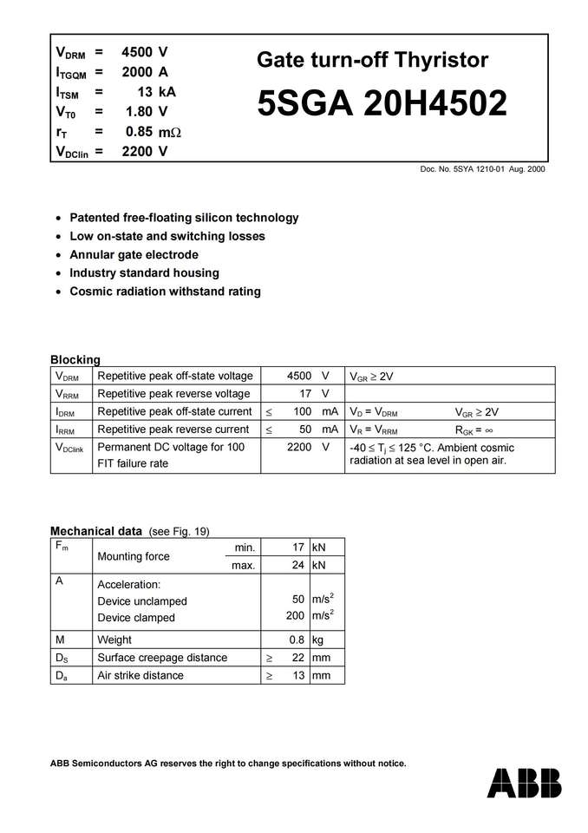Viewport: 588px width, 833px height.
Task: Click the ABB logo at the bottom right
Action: click(x=524, y=783)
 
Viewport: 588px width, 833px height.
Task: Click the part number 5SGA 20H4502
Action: click(x=382, y=104)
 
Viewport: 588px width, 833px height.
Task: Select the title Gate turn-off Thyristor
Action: click(x=372, y=60)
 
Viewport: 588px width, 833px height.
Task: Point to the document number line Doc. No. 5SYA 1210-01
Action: click(x=482, y=169)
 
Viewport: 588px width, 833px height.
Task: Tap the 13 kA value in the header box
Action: click(x=156, y=91)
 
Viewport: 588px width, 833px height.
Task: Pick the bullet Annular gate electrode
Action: click(x=134, y=254)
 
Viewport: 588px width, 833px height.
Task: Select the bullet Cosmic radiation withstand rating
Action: click(x=165, y=292)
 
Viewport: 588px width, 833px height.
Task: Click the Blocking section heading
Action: click(x=75, y=359)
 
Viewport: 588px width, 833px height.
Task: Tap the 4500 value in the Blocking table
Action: click(x=299, y=376)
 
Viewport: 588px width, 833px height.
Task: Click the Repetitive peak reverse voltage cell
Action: click(x=173, y=394)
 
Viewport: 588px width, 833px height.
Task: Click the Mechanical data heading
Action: click(x=96, y=531)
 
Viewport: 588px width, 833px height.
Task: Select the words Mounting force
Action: click(x=134, y=556)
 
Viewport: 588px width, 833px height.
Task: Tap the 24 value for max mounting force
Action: click(x=296, y=566)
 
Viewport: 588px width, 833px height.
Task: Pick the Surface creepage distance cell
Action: click(x=162, y=658)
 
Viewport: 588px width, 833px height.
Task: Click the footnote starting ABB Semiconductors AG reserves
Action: click(x=228, y=764)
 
